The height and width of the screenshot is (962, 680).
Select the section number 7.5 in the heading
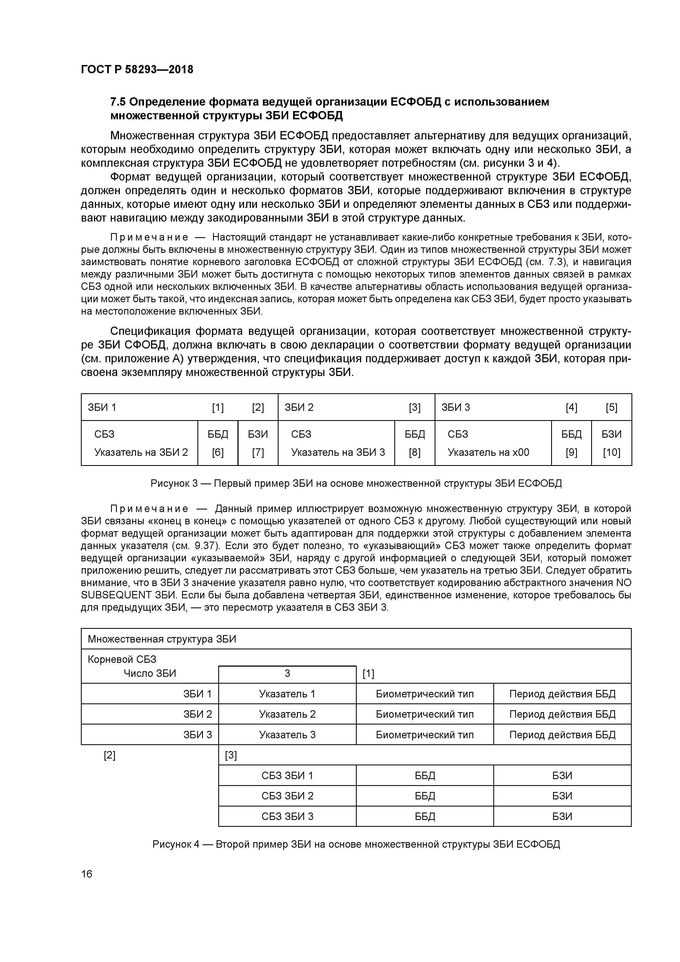coord(118,102)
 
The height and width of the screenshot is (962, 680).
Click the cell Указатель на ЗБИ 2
coord(141,452)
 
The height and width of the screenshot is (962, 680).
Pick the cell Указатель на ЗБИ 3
coord(338,452)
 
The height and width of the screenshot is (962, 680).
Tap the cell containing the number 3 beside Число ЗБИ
coord(287,673)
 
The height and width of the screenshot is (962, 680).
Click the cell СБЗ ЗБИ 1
coord(287,776)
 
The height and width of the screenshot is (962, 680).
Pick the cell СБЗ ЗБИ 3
coord(287,816)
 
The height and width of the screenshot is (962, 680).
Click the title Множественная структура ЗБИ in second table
coord(162,639)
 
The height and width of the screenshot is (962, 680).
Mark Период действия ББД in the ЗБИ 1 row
coord(562,694)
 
